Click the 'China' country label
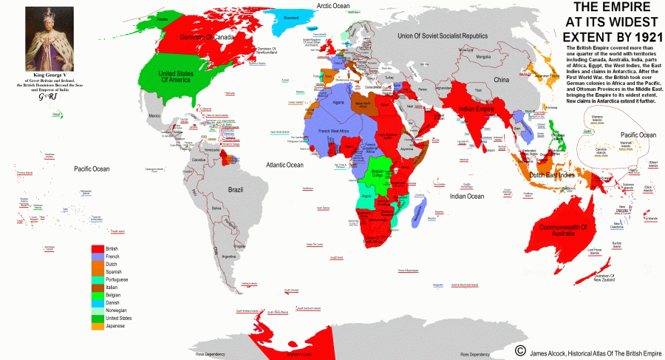(502, 79)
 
